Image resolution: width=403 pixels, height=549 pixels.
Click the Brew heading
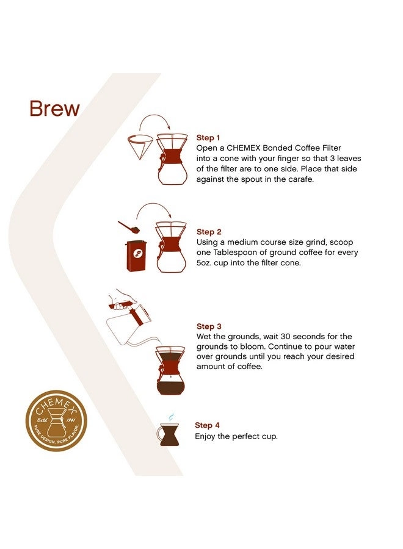pyautogui.click(x=54, y=109)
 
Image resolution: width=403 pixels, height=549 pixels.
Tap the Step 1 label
pyautogui.click(x=208, y=138)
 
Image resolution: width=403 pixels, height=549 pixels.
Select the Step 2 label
pyautogui.click(x=209, y=232)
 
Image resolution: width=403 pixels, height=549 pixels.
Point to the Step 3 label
pyautogui.click(x=209, y=326)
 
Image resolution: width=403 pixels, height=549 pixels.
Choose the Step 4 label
pyautogui.click(x=207, y=425)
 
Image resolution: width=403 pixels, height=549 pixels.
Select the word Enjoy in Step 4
pyautogui.click(x=206, y=436)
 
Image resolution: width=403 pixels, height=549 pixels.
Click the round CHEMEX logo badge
pyautogui.click(x=56, y=421)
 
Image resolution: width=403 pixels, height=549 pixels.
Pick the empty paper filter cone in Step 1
pyautogui.click(x=142, y=146)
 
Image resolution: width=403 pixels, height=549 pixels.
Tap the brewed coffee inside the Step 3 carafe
pyautogui.click(x=170, y=387)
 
